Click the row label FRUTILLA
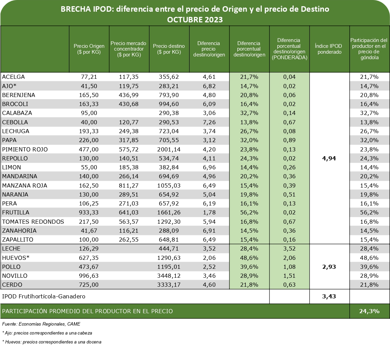click(x=16, y=212)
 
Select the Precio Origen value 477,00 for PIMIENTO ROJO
click(x=89, y=149)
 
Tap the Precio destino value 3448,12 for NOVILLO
click(x=169, y=276)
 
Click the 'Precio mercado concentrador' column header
click(x=129, y=49)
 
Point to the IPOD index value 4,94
click(x=329, y=158)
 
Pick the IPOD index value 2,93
click(x=329, y=267)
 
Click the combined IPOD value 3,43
click(x=329, y=296)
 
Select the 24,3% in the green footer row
click(x=369, y=311)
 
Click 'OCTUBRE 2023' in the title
click(x=195, y=20)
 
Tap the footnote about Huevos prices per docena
click(x=52, y=342)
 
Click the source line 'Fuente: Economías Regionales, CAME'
click(x=41, y=324)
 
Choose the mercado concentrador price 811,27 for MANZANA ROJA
click(x=129, y=186)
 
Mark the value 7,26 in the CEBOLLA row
click(x=209, y=122)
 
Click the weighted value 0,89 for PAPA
click(x=289, y=140)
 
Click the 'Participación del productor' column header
click(x=369, y=49)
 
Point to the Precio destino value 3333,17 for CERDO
click(x=169, y=285)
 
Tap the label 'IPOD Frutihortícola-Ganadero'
click(x=44, y=296)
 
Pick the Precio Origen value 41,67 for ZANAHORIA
click(x=89, y=231)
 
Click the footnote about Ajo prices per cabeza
click(x=47, y=333)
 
